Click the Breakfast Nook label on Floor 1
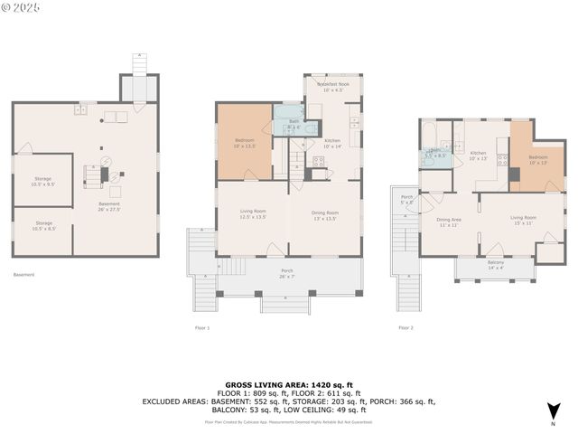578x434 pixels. point(332,84)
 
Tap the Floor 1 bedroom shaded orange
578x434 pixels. point(244,142)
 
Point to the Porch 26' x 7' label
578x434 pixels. point(287,273)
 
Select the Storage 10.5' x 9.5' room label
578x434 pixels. point(44,181)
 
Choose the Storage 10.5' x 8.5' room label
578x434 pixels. point(44,225)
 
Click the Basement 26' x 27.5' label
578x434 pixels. point(109,207)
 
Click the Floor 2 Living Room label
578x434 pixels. point(523,217)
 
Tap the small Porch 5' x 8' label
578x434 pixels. point(406,199)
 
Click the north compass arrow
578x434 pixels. point(553,412)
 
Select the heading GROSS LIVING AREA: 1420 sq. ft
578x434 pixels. point(288,384)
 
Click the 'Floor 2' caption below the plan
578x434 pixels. point(406,327)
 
